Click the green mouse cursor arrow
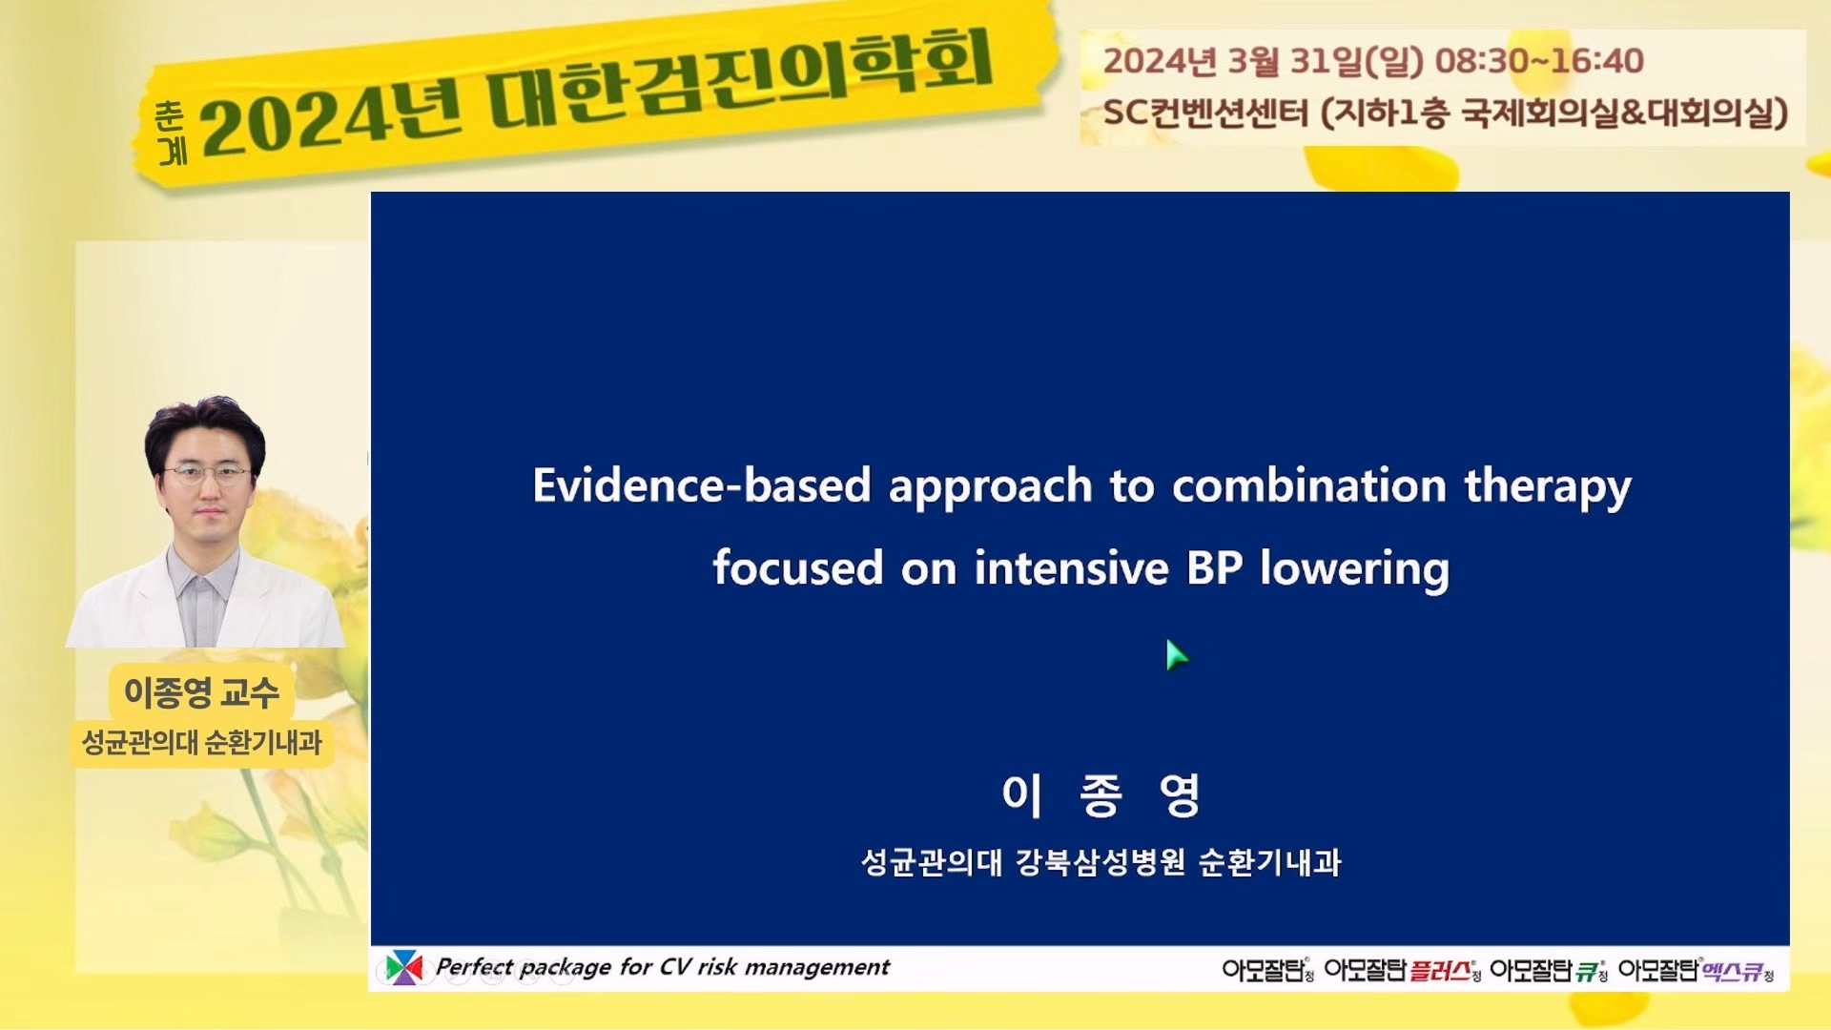[1177, 655]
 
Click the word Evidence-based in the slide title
[702, 485]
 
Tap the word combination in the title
[1309, 485]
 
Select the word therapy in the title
[1548, 489]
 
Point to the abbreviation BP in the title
[1214, 567]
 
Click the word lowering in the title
[1354, 570]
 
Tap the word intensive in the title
[1071, 567]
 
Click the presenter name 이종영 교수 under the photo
[201, 691]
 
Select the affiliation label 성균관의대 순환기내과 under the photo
[202, 742]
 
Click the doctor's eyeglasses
[206, 473]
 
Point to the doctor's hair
[204, 429]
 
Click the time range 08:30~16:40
[1539, 61]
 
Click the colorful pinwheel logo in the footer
[403, 967]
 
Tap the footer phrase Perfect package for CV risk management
[662, 967]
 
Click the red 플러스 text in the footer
[1440, 971]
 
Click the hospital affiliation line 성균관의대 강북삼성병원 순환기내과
[1101, 862]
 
